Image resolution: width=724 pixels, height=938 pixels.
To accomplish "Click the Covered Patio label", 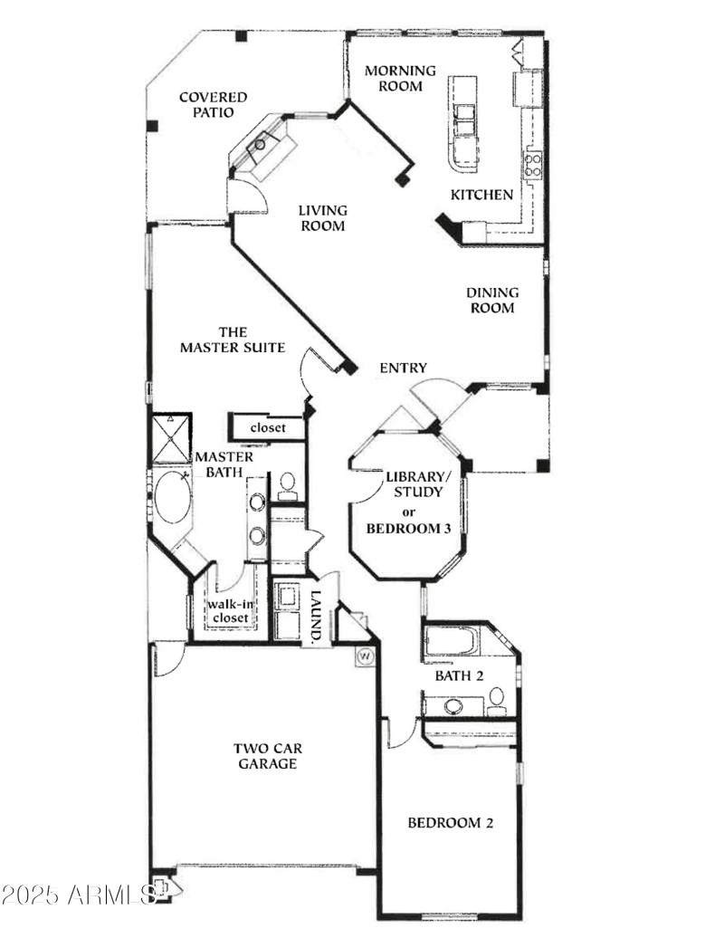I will [x=213, y=105].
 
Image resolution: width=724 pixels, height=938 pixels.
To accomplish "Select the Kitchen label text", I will [x=482, y=195].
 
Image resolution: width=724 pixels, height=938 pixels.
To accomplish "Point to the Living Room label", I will [x=323, y=218].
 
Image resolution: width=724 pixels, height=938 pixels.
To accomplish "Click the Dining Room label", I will [x=492, y=301].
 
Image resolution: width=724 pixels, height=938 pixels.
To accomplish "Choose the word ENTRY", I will [x=403, y=368].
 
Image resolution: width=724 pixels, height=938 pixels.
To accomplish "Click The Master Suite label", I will [x=233, y=340].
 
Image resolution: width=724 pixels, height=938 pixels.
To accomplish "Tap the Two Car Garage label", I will [x=267, y=756].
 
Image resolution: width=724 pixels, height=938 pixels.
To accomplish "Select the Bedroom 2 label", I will [x=450, y=823].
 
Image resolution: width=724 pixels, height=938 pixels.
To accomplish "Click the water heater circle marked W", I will [x=366, y=656].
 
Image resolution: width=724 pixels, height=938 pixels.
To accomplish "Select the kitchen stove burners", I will [x=533, y=164].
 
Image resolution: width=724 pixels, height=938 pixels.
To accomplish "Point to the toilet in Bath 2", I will [x=497, y=699].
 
